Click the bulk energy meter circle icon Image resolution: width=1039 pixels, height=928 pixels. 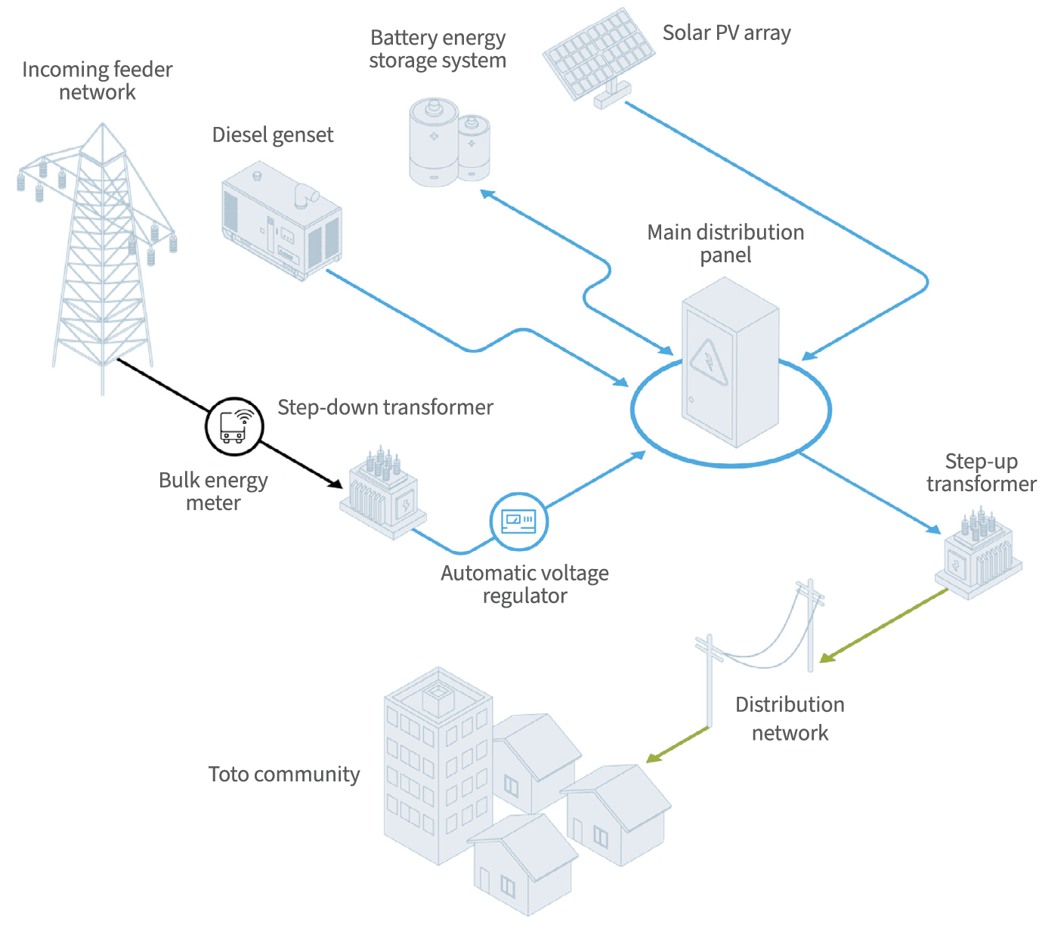click(234, 426)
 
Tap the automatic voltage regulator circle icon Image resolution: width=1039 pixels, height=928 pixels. click(518, 521)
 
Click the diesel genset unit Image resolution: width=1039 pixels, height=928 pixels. click(282, 221)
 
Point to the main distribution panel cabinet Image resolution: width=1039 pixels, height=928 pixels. click(730, 363)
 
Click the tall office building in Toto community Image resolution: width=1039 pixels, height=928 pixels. click(437, 763)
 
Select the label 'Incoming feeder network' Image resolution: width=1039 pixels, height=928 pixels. click(97, 81)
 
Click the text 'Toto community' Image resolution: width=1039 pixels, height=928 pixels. click(284, 775)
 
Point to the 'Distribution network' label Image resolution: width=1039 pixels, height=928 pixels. click(790, 719)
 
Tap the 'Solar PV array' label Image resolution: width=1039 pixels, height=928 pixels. click(726, 33)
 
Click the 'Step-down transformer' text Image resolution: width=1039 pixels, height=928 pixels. click(385, 407)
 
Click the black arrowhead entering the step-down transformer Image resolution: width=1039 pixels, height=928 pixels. click(336, 483)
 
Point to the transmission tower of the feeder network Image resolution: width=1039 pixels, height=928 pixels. click(102, 257)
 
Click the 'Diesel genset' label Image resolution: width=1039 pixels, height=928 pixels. click(273, 135)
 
